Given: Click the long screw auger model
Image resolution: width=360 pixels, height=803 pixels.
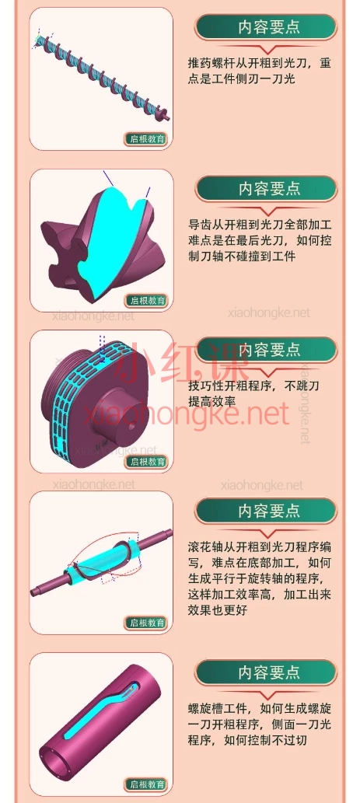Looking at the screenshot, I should click(x=101, y=74).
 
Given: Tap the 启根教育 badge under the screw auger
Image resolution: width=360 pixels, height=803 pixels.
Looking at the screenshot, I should click(x=147, y=140).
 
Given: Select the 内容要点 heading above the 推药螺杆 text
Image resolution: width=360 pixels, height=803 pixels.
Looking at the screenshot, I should click(x=268, y=28).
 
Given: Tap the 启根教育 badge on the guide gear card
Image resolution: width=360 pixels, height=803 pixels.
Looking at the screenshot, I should click(x=147, y=300).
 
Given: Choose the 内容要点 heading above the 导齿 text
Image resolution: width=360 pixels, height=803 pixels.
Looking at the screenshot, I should click(x=268, y=189).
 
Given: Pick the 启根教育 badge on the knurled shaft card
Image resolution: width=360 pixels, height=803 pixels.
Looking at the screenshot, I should click(x=147, y=623).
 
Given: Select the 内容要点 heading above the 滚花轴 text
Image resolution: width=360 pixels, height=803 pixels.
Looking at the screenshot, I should click(x=268, y=511).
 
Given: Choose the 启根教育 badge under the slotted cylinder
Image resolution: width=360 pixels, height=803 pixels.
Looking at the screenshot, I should click(x=147, y=785).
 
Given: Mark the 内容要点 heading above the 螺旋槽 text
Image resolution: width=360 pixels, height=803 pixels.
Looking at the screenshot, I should click(x=268, y=672).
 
